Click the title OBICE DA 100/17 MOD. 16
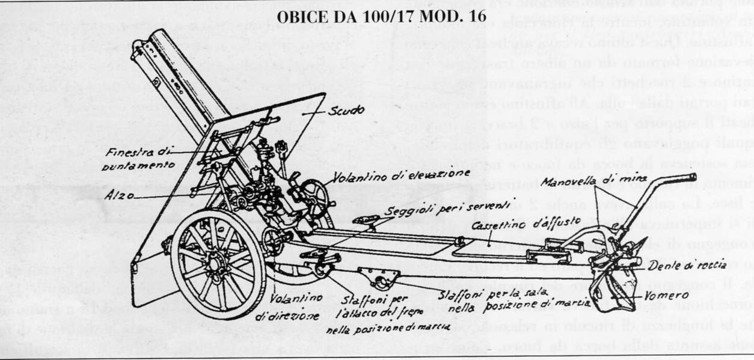(x=381, y=16)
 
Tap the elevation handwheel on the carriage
(x=315, y=199)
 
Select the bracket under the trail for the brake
(x=379, y=278)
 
